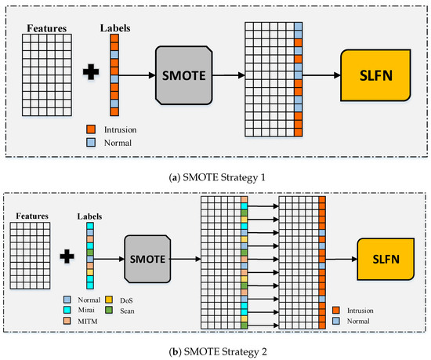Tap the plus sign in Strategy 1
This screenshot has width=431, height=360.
coord(92,75)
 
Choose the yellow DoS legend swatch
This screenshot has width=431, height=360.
coord(107,298)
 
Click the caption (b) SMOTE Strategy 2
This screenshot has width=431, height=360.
coord(215,350)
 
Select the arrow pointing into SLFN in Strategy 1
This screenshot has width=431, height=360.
coord(321,75)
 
